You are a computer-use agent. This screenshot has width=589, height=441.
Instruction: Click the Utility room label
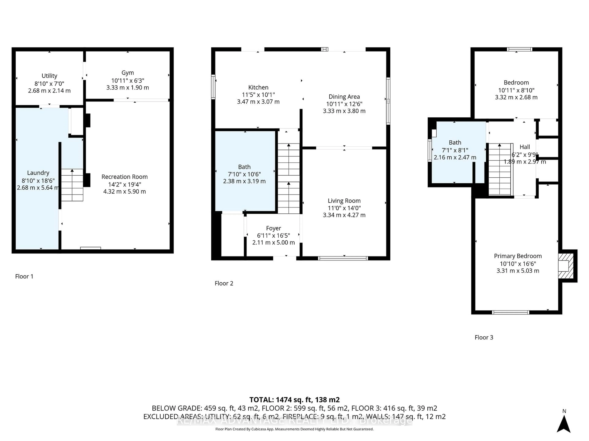click(x=49, y=76)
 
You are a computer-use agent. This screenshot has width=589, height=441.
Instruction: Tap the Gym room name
click(x=128, y=73)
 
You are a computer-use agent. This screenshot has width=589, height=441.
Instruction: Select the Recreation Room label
click(x=124, y=177)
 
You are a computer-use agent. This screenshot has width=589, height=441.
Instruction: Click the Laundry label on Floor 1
click(x=38, y=173)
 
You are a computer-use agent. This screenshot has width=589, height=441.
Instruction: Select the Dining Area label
click(x=344, y=96)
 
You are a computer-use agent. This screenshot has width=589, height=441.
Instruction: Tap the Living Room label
click(x=344, y=201)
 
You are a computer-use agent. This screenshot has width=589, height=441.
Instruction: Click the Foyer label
click(x=273, y=228)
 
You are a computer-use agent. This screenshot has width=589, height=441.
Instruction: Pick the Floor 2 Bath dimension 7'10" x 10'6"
click(x=244, y=174)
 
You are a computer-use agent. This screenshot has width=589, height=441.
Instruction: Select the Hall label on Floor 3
click(x=525, y=147)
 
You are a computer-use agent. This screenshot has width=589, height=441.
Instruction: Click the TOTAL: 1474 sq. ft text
click(x=294, y=400)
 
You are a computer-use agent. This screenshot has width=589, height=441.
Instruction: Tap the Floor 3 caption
click(x=484, y=337)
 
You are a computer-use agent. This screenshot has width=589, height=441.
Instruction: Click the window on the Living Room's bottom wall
click(x=343, y=258)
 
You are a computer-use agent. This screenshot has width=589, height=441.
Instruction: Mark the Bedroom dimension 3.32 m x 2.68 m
click(x=516, y=97)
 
